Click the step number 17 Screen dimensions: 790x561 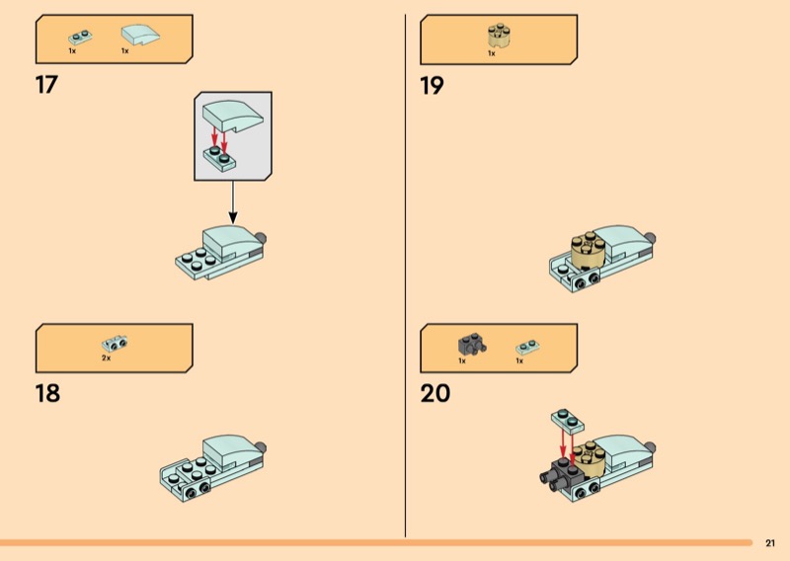[x=46, y=85]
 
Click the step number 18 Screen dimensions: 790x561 [x=47, y=393]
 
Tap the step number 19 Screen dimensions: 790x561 [x=432, y=85]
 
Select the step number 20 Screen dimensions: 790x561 [x=435, y=393]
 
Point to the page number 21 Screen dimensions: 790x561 [x=770, y=543]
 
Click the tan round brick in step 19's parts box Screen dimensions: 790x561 [x=499, y=36]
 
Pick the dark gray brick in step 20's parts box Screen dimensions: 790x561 [x=472, y=345]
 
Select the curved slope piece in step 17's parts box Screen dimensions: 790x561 [x=140, y=35]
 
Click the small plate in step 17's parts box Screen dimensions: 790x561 [x=80, y=38]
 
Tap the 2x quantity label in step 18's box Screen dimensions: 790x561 [x=106, y=358]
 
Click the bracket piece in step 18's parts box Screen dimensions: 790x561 [x=115, y=344]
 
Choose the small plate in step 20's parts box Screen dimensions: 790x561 [x=528, y=347]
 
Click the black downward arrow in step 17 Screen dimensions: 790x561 [x=233, y=202]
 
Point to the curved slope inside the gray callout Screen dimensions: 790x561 [x=233, y=116]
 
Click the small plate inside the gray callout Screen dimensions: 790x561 [x=220, y=159]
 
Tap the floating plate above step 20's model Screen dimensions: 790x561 [x=568, y=420]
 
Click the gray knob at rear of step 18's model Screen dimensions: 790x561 [x=261, y=447]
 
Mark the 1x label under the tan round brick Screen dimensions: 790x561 [x=491, y=53]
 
